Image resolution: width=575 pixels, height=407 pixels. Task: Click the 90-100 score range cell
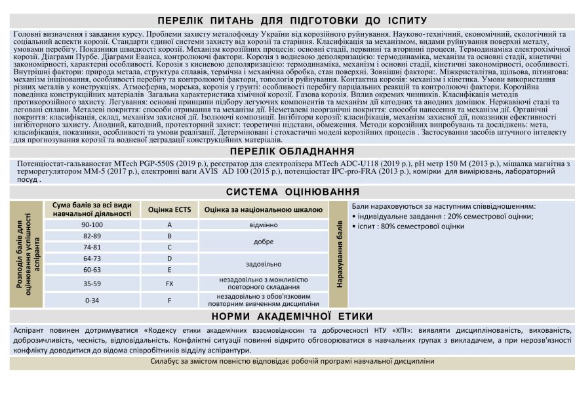92,225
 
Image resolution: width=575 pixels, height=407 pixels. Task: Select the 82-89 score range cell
92,236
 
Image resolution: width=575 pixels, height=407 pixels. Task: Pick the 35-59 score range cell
92,284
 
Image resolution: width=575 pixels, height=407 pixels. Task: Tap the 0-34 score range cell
92,300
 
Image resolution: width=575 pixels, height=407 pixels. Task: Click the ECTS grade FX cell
169,284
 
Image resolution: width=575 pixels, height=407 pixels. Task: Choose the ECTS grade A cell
169,225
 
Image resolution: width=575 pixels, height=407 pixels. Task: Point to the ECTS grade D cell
169,259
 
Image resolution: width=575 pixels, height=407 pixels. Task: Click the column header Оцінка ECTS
169,210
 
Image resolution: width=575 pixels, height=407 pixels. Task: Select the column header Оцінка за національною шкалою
263,210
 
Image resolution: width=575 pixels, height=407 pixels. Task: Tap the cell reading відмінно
263,225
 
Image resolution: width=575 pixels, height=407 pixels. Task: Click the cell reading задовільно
263,264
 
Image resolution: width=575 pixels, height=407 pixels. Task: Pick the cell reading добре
263,242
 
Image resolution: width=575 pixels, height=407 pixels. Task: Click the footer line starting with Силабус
292,361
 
